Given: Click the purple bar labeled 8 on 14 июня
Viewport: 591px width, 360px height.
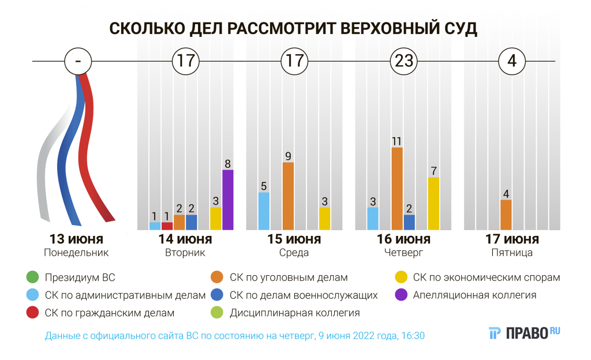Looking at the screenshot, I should [228, 200].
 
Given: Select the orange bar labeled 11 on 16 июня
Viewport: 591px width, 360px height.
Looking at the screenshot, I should [397, 189].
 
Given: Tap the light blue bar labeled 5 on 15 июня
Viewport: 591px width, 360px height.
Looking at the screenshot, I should [264, 211].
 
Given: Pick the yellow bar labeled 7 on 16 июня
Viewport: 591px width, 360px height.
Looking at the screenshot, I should [433, 203].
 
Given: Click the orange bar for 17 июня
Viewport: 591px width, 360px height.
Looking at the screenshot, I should [506, 215].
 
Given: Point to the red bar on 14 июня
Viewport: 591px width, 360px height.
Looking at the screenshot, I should [167, 226].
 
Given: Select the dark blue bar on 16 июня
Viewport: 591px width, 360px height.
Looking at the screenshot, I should [409, 222].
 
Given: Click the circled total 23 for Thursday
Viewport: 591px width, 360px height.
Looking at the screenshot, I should [403, 61].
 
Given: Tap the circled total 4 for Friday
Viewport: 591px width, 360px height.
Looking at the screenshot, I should [511, 61].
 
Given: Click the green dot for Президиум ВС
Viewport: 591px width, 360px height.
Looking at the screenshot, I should [32, 277].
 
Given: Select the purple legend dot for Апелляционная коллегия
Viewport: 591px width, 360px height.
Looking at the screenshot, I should [399, 295].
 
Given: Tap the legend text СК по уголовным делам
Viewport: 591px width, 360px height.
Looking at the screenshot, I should [289, 277].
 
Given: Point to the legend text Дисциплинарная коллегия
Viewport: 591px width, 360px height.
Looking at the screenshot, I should [294, 313].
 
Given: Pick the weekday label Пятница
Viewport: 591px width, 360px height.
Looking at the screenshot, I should [511, 253].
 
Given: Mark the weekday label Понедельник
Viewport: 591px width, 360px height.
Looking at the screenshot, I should [76, 253].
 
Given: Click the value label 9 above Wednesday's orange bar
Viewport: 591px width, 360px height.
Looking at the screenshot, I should [288, 155].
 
